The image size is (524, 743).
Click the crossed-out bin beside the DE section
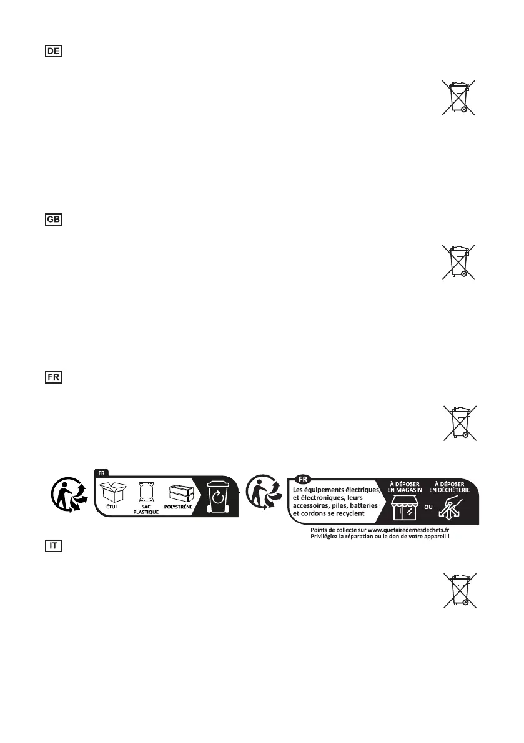pos(459,97)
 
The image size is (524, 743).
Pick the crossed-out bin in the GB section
pos(459,261)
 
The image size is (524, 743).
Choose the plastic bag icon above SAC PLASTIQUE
pos(146,493)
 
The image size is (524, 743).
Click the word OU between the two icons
pos(429,507)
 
